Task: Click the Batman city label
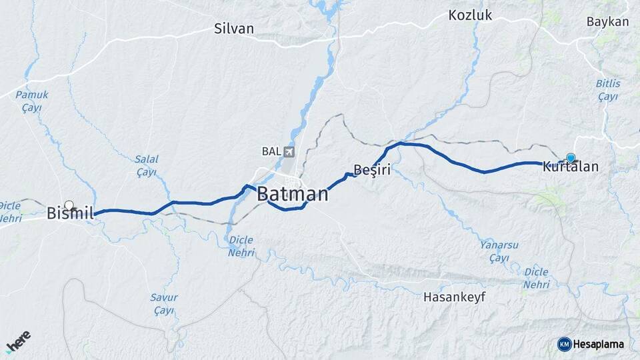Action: (293, 195)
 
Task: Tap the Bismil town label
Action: (69, 214)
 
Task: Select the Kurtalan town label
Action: (570, 167)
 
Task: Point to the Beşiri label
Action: (371, 170)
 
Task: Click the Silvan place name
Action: (234, 29)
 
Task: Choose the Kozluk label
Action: (470, 15)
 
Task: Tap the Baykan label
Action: (607, 22)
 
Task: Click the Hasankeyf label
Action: (454, 297)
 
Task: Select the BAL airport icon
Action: (288, 151)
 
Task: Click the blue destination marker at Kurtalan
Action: (571, 158)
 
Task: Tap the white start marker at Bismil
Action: (69, 205)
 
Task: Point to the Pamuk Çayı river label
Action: (32, 101)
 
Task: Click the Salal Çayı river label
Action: (146, 165)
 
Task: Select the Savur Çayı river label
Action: (163, 304)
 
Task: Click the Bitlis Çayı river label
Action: (608, 90)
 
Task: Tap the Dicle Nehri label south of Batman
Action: (241, 246)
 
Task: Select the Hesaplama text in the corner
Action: (598, 344)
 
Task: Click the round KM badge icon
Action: (564, 344)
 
